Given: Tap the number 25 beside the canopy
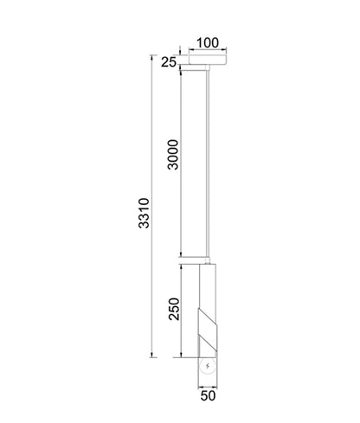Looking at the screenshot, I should pos(168,62).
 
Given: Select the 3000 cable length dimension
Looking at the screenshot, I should pos(173,153).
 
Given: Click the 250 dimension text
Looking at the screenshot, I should pos(173,310).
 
